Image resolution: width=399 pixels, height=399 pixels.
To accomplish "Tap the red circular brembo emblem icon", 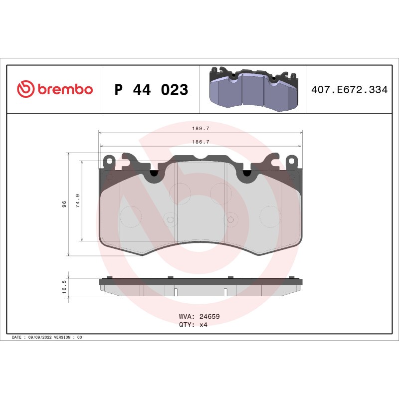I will (25, 90).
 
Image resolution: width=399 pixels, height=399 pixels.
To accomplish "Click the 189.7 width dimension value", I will (200, 128).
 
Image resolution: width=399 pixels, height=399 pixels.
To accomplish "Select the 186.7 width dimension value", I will (200, 142).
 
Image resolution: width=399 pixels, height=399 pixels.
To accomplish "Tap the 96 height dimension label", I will (64, 204).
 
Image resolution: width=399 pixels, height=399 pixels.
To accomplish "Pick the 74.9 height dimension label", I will (78, 201).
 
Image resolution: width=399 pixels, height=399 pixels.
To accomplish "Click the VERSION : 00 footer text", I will (68, 338).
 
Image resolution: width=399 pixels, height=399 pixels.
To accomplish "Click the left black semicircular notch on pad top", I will (154, 173).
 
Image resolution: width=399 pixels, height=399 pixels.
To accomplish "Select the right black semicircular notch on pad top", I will (246, 173).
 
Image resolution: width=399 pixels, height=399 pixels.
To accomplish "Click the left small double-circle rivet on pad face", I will (170, 219).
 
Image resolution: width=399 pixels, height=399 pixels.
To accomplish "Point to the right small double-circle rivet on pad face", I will (230, 219).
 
